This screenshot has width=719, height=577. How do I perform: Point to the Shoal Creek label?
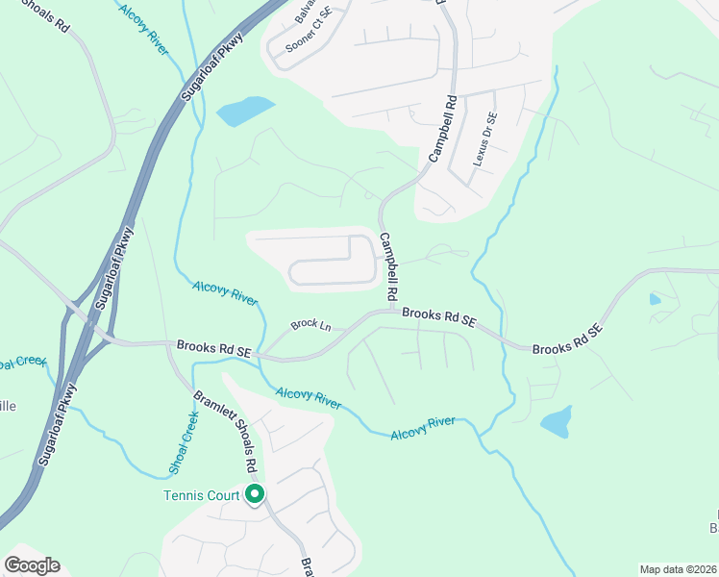[x=184, y=441]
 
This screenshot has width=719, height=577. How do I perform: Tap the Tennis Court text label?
[x=200, y=496]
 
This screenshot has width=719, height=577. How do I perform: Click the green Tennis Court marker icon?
[x=255, y=495]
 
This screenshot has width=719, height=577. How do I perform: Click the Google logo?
[x=32, y=565]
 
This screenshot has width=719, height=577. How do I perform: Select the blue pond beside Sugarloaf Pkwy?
[x=246, y=112]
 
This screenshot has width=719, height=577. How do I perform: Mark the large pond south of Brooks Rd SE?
[x=556, y=421]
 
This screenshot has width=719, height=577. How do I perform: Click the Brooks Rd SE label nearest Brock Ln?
[x=213, y=348]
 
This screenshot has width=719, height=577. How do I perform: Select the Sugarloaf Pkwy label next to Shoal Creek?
[x=58, y=423]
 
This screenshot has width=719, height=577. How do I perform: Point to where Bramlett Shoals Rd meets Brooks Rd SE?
[x=168, y=344]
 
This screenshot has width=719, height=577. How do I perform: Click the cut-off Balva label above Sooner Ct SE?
[x=305, y=12]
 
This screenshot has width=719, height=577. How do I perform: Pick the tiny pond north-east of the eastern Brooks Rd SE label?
[x=655, y=299]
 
